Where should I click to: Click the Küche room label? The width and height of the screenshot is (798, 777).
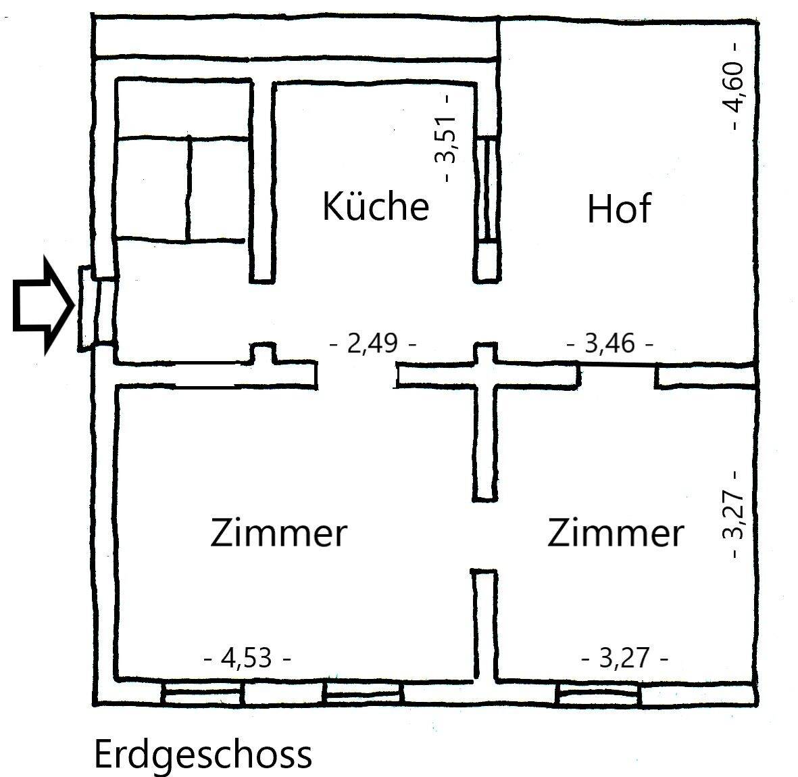click(376, 206)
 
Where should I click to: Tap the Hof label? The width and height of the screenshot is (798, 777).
click(618, 209)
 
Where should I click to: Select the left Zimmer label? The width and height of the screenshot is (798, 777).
click(278, 533)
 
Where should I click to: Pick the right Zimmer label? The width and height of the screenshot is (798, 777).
click(615, 533)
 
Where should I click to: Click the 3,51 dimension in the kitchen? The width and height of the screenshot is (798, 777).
click(446, 139)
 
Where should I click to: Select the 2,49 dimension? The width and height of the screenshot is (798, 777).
click(372, 344)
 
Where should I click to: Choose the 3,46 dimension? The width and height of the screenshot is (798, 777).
click(609, 344)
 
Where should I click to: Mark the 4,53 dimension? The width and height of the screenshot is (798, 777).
click(248, 657)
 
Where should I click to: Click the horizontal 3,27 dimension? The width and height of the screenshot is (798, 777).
click(625, 657)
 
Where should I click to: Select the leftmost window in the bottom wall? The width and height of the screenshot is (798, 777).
click(202, 694)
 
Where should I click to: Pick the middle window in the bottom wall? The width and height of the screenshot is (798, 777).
click(363, 694)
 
